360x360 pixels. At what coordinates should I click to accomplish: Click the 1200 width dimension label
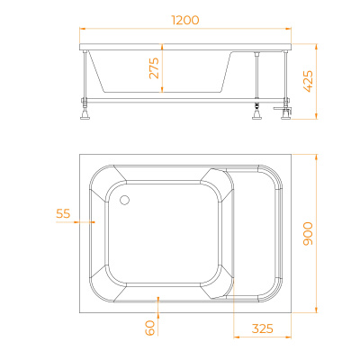pyautogui.click(x=183, y=18)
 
